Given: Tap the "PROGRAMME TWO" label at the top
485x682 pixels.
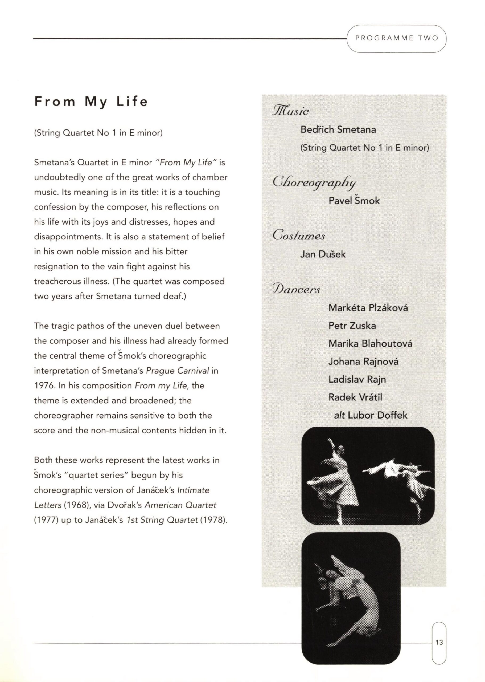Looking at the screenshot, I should (x=397, y=38).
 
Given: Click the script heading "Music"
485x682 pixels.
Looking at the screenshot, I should (x=291, y=111).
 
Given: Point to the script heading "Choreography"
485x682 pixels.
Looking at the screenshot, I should (x=314, y=182).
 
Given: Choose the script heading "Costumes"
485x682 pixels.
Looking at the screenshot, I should (x=299, y=236).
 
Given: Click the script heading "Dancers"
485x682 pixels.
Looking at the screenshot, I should (x=296, y=290).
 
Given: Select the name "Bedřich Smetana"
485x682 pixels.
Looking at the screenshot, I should (x=338, y=130).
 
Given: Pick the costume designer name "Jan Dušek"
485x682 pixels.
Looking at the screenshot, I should (x=323, y=254).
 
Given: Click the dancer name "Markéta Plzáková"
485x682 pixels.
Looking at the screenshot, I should (x=368, y=308).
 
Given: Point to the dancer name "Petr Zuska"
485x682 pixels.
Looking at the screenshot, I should (x=352, y=326).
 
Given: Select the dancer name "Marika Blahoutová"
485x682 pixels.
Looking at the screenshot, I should (x=370, y=343).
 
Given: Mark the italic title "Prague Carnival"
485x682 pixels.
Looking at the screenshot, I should (x=177, y=371).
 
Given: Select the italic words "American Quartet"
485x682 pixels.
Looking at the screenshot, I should (x=180, y=505).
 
